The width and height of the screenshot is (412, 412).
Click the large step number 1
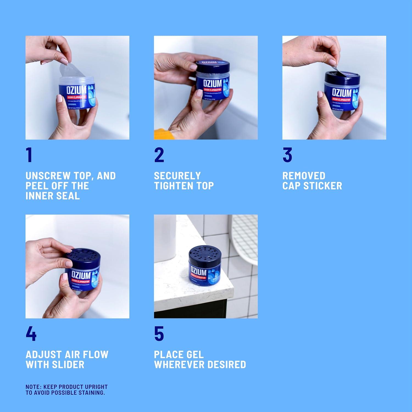pos(29,155)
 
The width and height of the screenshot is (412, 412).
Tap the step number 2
pos(159,155)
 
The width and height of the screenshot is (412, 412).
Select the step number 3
pos(287,155)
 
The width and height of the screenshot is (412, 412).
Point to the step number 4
pos(31,334)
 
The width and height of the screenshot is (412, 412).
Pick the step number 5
pos(159,334)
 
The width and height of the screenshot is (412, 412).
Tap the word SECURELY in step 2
pos(177,176)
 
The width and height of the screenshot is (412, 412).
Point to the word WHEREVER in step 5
pos(179,365)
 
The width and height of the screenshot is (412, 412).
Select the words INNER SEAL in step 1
pos(52,196)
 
